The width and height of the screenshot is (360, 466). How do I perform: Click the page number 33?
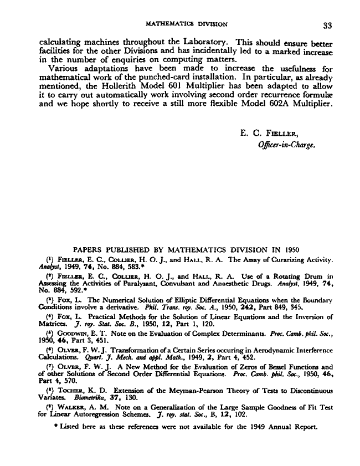coord(325,24)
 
